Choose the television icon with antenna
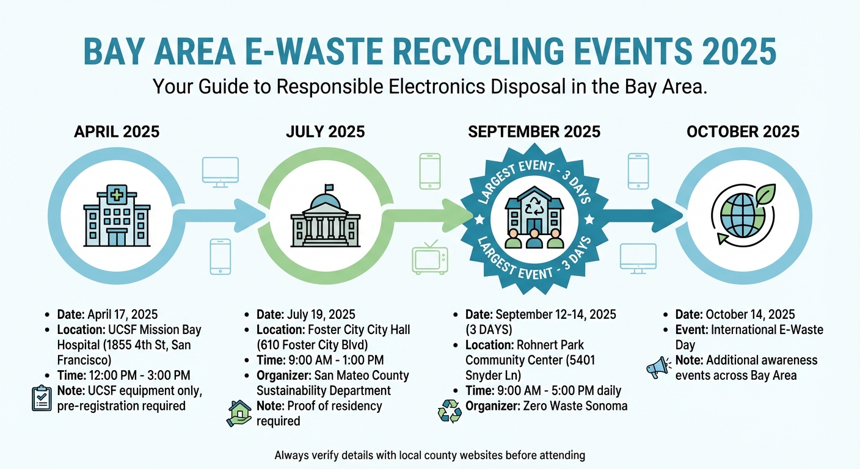(x=430, y=257)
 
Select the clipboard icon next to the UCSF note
(x=42, y=398)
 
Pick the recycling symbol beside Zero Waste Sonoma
(x=450, y=410)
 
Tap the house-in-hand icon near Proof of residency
(x=239, y=413)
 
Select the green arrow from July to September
(x=431, y=215)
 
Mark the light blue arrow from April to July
(x=220, y=215)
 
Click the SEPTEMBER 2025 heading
(x=534, y=131)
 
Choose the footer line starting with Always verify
(x=430, y=455)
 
